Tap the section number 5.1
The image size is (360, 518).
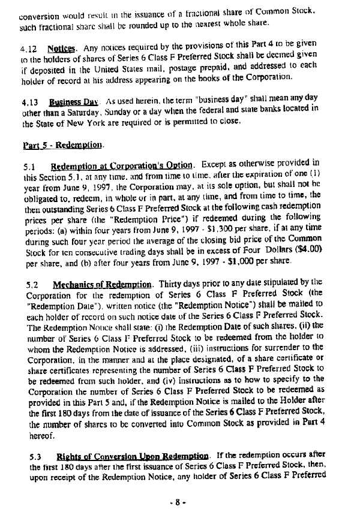pos(27,165)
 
